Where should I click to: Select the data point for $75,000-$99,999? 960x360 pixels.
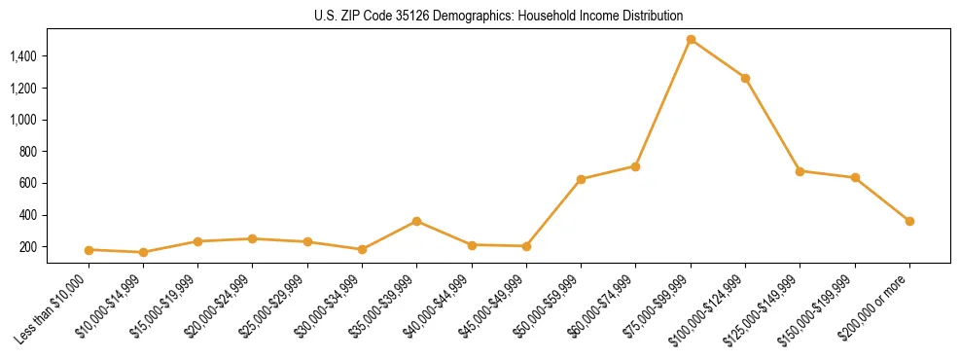691,40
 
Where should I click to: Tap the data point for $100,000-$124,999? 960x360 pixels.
745,78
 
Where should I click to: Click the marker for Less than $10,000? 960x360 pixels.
89,250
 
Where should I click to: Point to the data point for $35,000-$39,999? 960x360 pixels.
416,221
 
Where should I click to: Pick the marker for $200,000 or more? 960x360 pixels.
909,221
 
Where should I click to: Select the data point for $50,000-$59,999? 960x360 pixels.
581,179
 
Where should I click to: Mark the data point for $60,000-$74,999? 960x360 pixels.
635,166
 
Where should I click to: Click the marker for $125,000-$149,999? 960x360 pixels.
800,171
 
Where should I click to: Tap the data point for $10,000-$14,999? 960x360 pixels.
143,253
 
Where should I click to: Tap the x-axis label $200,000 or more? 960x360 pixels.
872,306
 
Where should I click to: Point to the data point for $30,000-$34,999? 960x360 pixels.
362,250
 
